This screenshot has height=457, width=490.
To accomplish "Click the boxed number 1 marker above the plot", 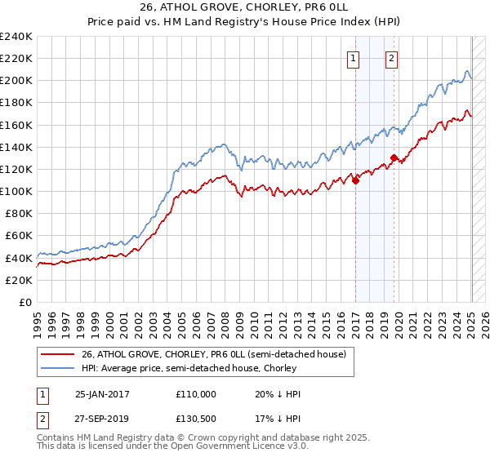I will click(x=354, y=58).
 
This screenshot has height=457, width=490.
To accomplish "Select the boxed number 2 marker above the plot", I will click(x=392, y=58).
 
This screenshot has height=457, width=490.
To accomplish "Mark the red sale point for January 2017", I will click(x=355, y=181).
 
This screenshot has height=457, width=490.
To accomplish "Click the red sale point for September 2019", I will click(x=394, y=158).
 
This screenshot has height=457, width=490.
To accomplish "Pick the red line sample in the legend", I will click(x=58, y=354).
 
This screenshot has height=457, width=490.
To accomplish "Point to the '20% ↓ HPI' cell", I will click(x=278, y=394).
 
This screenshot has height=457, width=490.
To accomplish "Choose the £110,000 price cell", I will click(x=196, y=394).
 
